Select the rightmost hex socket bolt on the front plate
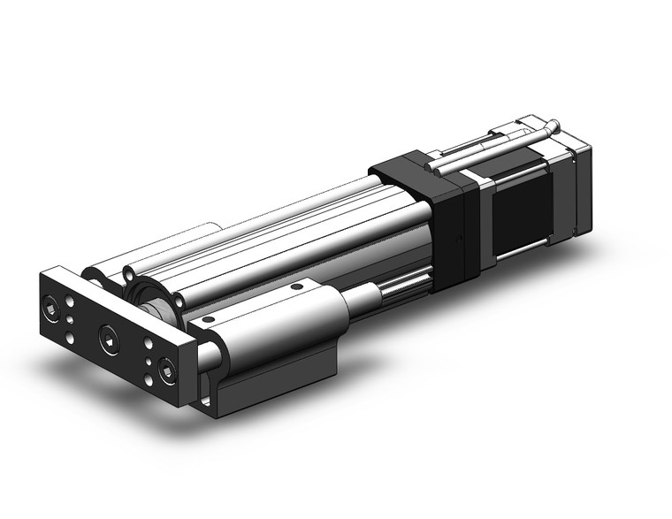coord(166,371)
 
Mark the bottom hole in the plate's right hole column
coord(146,378)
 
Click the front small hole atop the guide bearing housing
coord(209,319)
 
